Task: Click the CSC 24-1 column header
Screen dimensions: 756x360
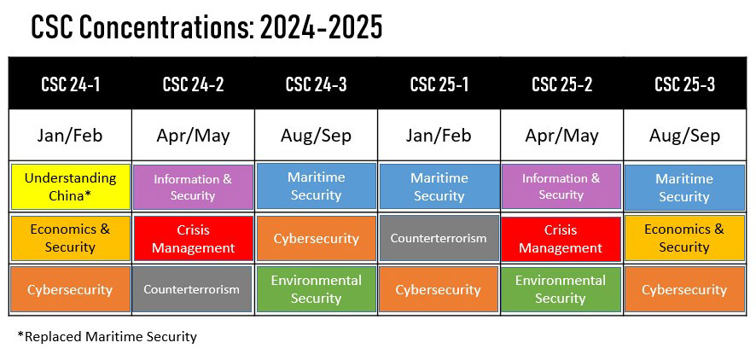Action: (x=70, y=84)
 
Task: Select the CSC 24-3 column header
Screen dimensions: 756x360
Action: (x=317, y=84)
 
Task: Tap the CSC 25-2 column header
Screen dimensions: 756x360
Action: (x=561, y=84)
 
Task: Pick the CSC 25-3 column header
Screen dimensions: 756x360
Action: (x=684, y=84)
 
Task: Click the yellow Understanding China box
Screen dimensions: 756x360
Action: (x=70, y=187)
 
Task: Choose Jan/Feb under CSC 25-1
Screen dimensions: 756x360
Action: (x=439, y=136)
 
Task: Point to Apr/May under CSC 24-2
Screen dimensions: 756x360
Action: (x=193, y=136)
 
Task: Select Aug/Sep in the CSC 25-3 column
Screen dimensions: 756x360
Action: (x=684, y=136)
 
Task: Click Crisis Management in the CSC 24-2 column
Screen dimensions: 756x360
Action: (x=194, y=239)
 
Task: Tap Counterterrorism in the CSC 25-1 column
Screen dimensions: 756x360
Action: (x=439, y=238)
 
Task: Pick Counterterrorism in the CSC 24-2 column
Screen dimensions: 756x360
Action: (x=192, y=289)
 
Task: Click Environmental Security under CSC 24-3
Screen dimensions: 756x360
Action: (x=317, y=289)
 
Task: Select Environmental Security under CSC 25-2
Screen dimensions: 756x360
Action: (x=561, y=289)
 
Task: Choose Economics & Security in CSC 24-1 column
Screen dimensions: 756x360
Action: (x=70, y=238)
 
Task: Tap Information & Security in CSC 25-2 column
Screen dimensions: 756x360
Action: (x=561, y=186)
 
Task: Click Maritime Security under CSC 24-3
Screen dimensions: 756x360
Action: (x=317, y=186)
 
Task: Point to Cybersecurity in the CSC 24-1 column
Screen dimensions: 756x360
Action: (x=70, y=289)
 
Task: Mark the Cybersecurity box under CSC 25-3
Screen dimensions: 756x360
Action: (x=684, y=289)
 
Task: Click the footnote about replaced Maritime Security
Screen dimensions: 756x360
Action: (x=107, y=336)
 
